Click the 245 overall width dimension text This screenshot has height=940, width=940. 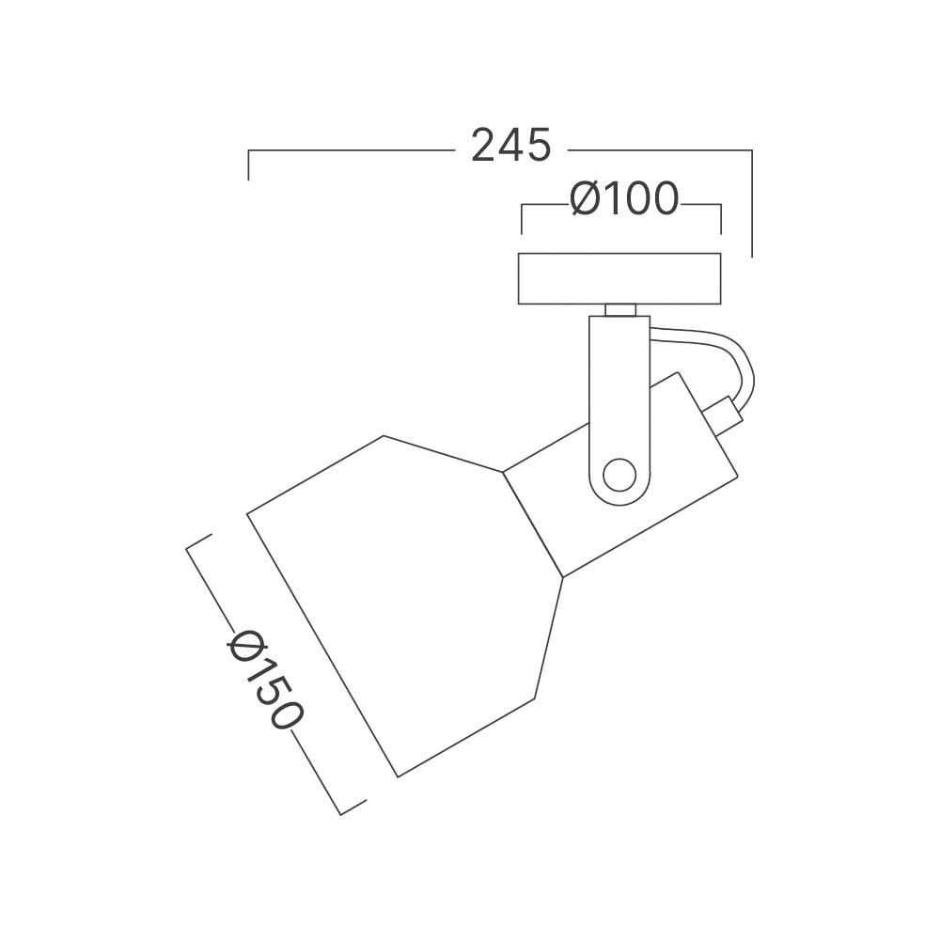point(510,147)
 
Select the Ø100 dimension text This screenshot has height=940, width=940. point(624,199)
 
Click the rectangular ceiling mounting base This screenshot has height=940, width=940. point(619,279)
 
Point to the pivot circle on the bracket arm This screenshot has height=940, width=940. point(619,474)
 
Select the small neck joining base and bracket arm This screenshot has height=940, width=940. point(619,310)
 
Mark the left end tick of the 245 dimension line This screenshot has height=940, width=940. point(248,164)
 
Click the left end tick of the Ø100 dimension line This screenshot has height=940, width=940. point(523,218)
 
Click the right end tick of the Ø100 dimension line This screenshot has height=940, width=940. point(720,218)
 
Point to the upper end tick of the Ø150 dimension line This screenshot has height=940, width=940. point(199,540)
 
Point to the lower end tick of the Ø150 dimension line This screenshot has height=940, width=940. point(352,807)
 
